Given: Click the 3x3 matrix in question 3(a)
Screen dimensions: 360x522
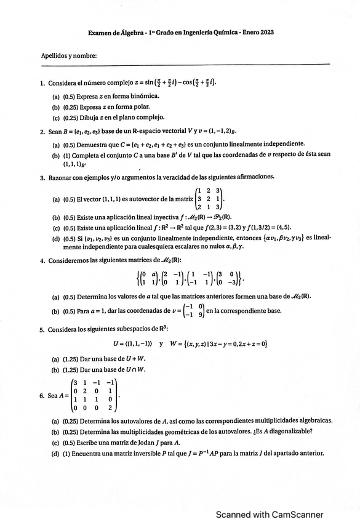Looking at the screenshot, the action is [x=210, y=199].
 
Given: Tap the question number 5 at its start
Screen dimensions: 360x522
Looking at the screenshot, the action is [x=42, y=330].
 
